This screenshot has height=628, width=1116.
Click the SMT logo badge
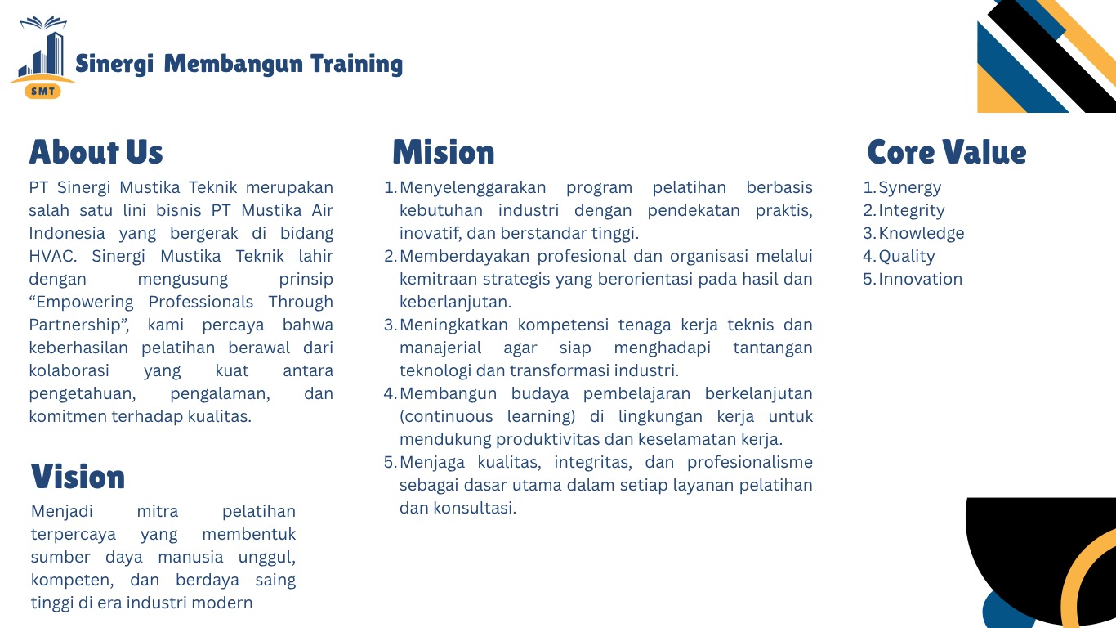point(42,91)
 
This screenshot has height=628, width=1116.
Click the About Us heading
point(96,153)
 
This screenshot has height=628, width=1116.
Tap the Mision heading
point(443,153)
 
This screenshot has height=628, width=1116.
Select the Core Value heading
point(946,153)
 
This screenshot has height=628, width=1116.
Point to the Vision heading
point(78,477)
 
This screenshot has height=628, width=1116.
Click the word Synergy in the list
point(909,188)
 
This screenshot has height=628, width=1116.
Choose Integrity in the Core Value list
point(911,211)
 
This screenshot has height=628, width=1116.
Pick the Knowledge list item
point(921,234)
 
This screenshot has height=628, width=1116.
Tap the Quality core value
point(906,257)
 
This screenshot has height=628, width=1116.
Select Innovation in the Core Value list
point(920,280)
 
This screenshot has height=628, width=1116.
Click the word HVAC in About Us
point(52,256)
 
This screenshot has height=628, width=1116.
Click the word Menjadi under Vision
point(62,511)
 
